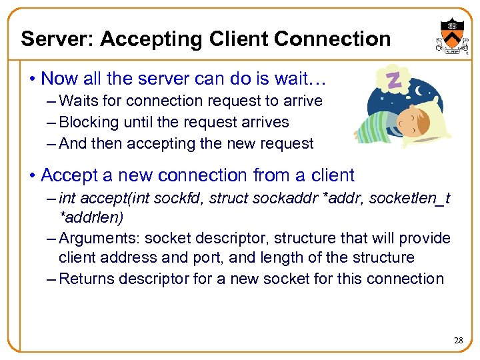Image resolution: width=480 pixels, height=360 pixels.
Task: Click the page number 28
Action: point(458,341)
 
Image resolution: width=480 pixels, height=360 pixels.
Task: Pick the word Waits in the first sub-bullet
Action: point(79,101)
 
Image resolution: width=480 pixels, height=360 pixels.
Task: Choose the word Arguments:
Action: point(99,238)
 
